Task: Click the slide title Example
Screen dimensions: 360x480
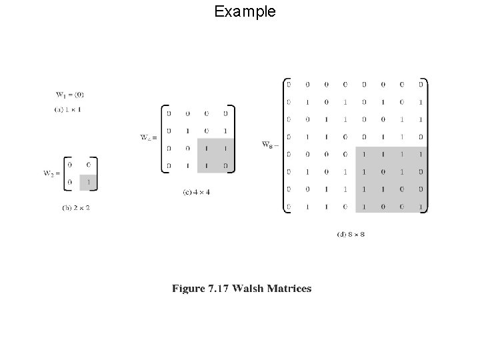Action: [245, 11]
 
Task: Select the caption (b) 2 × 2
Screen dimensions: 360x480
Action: [76, 207]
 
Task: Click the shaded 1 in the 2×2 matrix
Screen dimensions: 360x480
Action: [88, 180]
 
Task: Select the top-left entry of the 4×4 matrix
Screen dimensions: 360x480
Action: [168, 113]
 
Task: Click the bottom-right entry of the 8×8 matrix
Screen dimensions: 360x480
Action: [421, 207]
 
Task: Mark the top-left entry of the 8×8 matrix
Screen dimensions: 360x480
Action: [288, 85]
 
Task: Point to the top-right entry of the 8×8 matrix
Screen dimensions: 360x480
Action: [421, 85]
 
